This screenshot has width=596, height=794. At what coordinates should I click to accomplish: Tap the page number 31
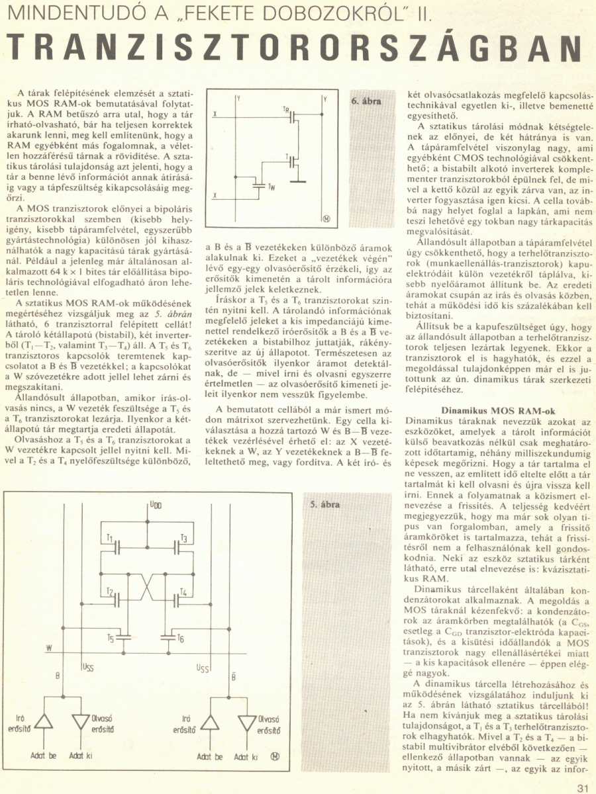[x=582, y=787]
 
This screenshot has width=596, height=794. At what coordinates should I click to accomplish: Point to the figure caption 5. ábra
[x=324, y=505]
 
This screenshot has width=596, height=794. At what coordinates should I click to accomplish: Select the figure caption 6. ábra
[x=364, y=103]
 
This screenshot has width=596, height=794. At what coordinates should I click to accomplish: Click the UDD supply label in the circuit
[x=155, y=505]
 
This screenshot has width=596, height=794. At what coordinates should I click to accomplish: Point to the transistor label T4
[x=183, y=591]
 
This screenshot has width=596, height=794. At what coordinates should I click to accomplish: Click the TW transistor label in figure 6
[x=272, y=188]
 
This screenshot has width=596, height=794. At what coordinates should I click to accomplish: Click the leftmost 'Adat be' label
[x=43, y=755]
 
